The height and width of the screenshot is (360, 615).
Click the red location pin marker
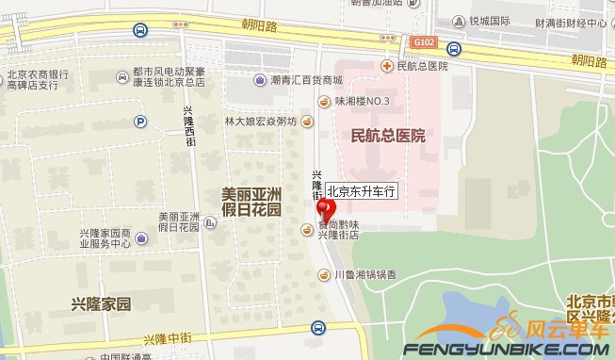(326, 208)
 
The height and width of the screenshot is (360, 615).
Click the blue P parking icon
(140, 121)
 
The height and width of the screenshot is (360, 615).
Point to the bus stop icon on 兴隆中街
(318, 328)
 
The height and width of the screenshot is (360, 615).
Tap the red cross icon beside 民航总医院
(386, 65)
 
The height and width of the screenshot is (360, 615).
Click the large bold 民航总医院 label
(387, 136)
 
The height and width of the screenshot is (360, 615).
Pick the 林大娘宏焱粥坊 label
(260, 122)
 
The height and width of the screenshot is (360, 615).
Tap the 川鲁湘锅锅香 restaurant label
(366, 275)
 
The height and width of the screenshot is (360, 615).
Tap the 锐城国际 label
(489, 20)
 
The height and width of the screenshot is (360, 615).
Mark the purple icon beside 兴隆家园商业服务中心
(140, 238)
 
